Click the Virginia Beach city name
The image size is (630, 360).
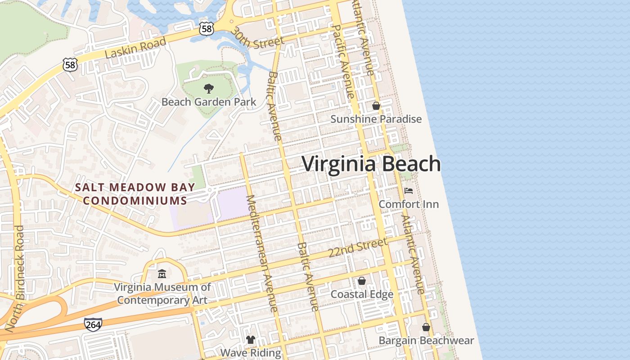(371, 164)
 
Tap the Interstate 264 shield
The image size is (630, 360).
(93, 324)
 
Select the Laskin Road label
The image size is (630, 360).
(135, 48)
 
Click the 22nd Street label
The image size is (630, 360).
(357, 248)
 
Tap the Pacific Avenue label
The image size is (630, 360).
(342, 61)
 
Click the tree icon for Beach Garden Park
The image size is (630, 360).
(209, 88)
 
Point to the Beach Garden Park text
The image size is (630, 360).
(209, 102)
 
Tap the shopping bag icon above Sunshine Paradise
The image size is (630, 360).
(376, 106)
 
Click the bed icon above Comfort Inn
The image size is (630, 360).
(409, 191)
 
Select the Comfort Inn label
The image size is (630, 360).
(409, 204)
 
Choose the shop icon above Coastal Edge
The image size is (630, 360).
(362, 281)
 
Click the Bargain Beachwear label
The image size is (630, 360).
(426, 340)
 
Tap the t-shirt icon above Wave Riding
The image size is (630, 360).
(251, 340)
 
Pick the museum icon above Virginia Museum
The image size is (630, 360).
(162, 274)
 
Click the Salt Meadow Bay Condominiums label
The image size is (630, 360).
(135, 193)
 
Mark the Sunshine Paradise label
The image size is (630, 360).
(376, 119)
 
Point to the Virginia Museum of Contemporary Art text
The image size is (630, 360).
(162, 293)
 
